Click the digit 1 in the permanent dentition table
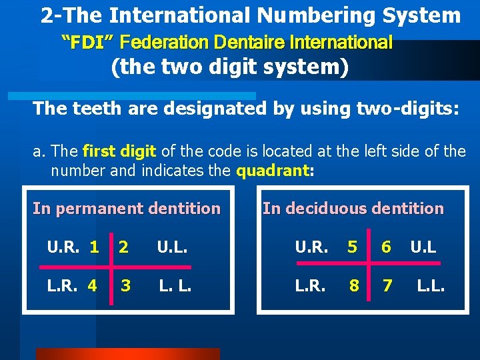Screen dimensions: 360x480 tap(95, 247)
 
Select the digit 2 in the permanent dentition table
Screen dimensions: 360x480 tap(123, 247)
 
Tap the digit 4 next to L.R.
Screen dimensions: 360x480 tap(92, 285)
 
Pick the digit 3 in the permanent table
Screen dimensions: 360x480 tap(125, 285)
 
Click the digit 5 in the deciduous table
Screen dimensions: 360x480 tap(353, 247)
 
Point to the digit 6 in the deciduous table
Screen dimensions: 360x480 tap(386, 247)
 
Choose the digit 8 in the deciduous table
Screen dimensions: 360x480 tap(354, 285)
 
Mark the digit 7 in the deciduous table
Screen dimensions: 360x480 tap(386, 285)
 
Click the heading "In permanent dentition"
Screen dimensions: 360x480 tap(127, 209)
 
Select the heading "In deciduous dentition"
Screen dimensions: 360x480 tap(353, 209)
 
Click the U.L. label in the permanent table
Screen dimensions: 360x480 tap(172, 247)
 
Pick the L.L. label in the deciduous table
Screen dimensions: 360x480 tap(431, 285)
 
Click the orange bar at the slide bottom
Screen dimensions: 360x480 tap(127, 354)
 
